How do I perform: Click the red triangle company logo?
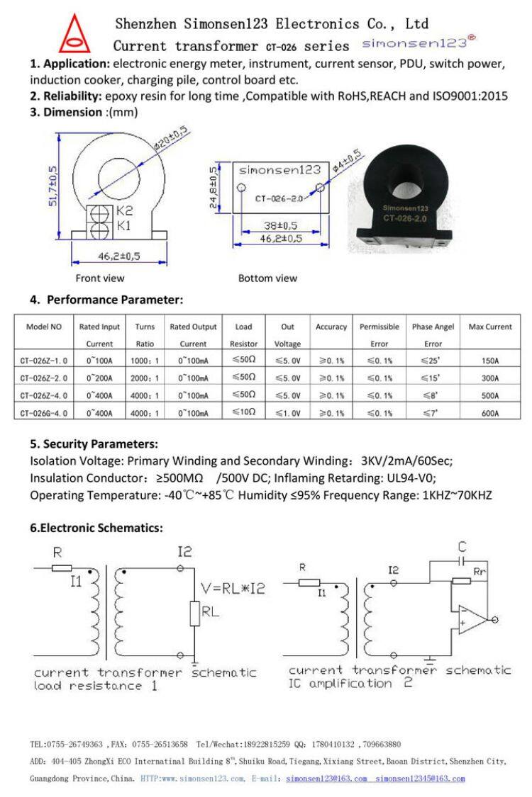pyautogui.click(x=74, y=35)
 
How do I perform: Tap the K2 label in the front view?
pyautogui.click(x=124, y=210)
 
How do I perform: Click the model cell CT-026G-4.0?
pyautogui.click(x=44, y=412)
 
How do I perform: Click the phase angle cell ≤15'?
pyautogui.click(x=432, y=378)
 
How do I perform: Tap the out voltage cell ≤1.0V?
pyautogui.click(x=288, y=412)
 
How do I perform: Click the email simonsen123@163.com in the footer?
pyautogui.click(x=326, y=779)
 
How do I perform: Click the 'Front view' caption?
pyautogui.click(x=100, y=278)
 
